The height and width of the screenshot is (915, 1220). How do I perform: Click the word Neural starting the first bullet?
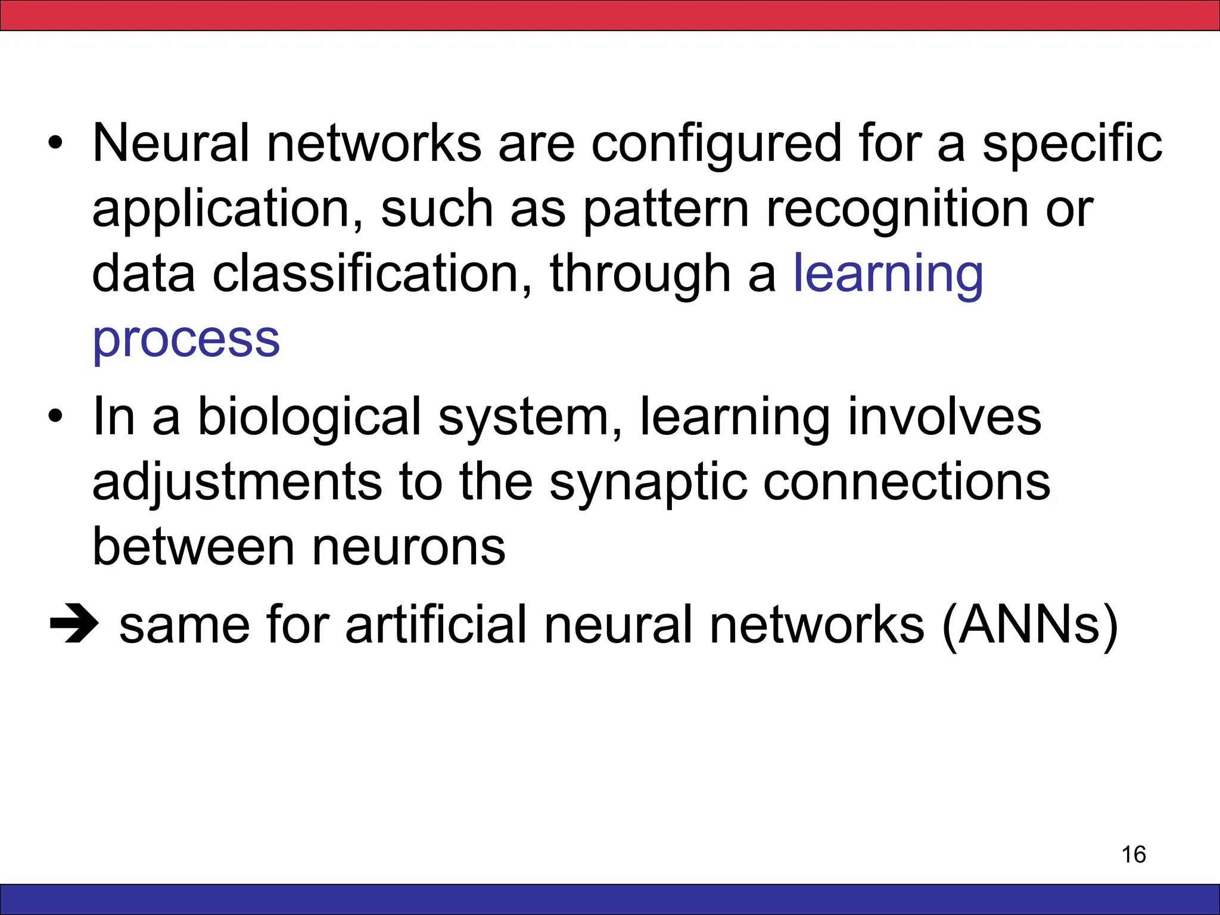click(x=170, y=143)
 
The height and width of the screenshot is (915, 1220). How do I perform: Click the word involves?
click(x=944, y=417)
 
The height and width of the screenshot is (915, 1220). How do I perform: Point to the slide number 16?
click(x=1134, y=854)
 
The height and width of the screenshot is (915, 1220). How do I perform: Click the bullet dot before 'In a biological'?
click(x=55, y=417)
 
